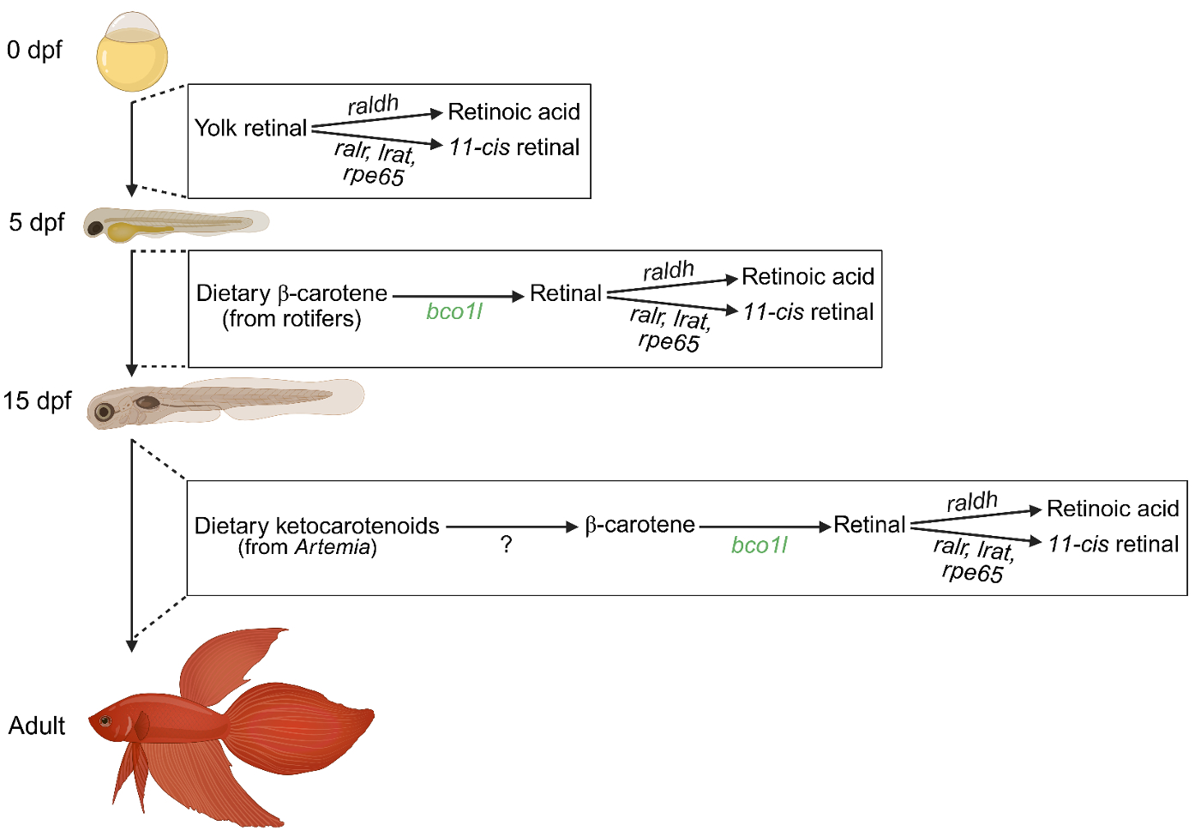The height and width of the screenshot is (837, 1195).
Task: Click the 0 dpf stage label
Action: click(34, 50)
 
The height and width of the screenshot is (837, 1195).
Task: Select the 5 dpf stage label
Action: click(37, 222)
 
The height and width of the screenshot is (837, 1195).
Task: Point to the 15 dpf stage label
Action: click(37, 400)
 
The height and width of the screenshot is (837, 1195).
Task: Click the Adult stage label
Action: click(37, 726)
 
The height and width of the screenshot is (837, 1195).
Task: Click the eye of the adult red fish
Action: click(105, 720)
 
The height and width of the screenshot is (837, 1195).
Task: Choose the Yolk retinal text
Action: click(250, 128)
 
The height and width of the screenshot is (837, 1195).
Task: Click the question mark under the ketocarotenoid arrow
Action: click(507, 545)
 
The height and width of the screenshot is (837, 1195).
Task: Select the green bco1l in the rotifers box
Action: click(454, 311)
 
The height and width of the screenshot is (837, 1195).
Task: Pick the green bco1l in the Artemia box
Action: click(759, 545)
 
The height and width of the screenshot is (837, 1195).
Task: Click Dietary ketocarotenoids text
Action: click(316, 525)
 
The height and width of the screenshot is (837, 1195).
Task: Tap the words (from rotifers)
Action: click(291, 319)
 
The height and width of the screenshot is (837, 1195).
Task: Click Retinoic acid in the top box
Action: click(513, 111)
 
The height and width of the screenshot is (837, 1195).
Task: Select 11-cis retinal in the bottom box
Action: click(1113, 544)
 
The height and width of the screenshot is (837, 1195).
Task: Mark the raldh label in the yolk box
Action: click(373, 105)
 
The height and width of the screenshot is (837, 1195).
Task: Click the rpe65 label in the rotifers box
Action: click(669, 342)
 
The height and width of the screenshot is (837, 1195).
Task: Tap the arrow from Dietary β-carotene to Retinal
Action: click(458, 296)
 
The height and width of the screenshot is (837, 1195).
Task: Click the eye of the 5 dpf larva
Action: click(95, 228)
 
